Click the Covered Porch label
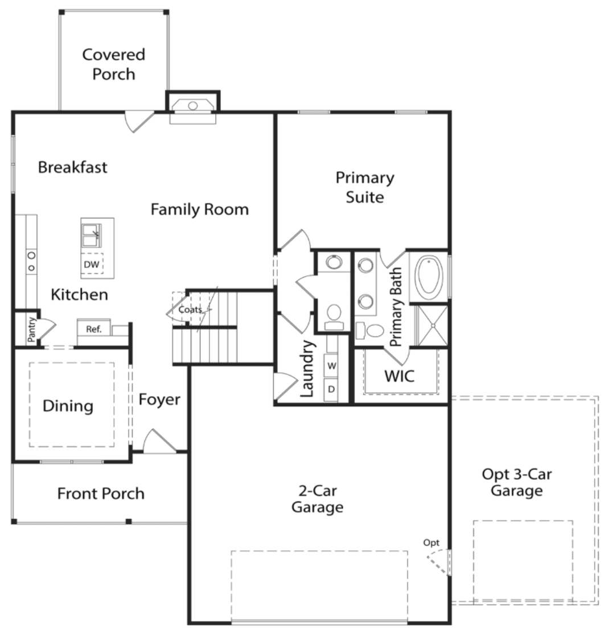point(114,64)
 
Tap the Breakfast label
point(73,167)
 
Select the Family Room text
point(200,209)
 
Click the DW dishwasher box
point(92,264)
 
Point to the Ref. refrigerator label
point(94,329)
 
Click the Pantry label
point(31,330)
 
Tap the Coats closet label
point(190,310)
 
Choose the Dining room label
point(68,406)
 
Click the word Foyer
point(159,400)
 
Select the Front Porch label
point(101,493)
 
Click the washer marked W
point(332,366)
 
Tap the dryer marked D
point(332,389)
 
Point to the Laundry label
point(307,369)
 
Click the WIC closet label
point(400,376)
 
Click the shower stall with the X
point(433,325)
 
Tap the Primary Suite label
point(365,187)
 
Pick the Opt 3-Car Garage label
point(517,482)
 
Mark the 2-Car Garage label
point(318,499)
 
